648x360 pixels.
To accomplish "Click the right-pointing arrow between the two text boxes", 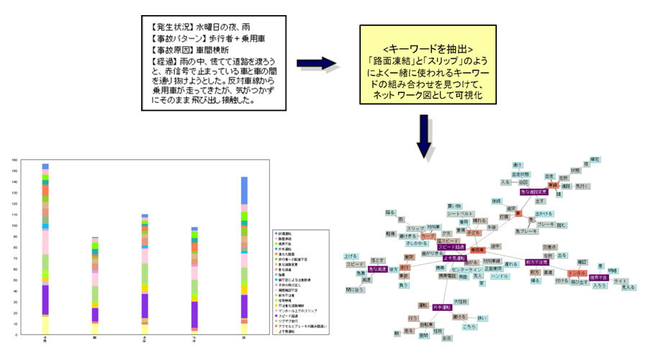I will (x=319, y=63).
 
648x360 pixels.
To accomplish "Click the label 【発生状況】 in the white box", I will (x=169, y=27).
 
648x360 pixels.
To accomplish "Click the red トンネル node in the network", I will (x=577, y=273).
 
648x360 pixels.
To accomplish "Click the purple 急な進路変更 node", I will (x=535, y=192).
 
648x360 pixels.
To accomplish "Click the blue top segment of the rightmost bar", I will (x=244, y=190).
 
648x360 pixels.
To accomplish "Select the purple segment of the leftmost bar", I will (x=45, y=299).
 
